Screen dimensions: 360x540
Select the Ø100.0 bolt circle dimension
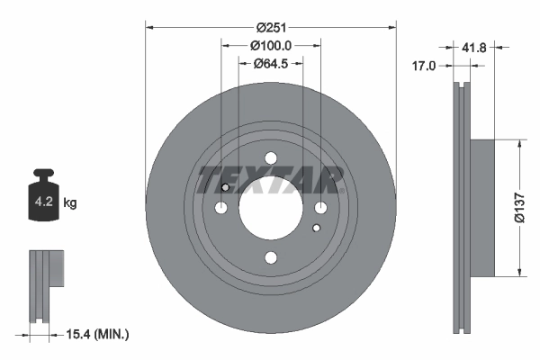point(270,45)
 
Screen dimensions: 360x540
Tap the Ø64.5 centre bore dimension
point(270,63)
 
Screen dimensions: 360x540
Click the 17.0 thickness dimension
point(424,66)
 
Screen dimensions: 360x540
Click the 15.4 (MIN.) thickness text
point(99,334)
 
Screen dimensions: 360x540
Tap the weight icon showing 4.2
point(44,196)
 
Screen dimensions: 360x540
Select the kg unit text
point(70,203)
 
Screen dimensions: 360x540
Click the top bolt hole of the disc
point(271,158)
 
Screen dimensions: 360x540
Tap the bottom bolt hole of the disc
point(271,258)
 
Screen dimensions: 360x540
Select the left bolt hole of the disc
point(221,209)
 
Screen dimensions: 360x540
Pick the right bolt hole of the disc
point(320,209)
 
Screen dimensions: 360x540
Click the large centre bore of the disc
point(271,209)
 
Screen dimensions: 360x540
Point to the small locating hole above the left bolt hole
point(225,187)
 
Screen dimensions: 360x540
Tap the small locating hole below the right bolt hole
point(316,229)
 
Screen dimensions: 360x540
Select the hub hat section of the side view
point(481,207)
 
